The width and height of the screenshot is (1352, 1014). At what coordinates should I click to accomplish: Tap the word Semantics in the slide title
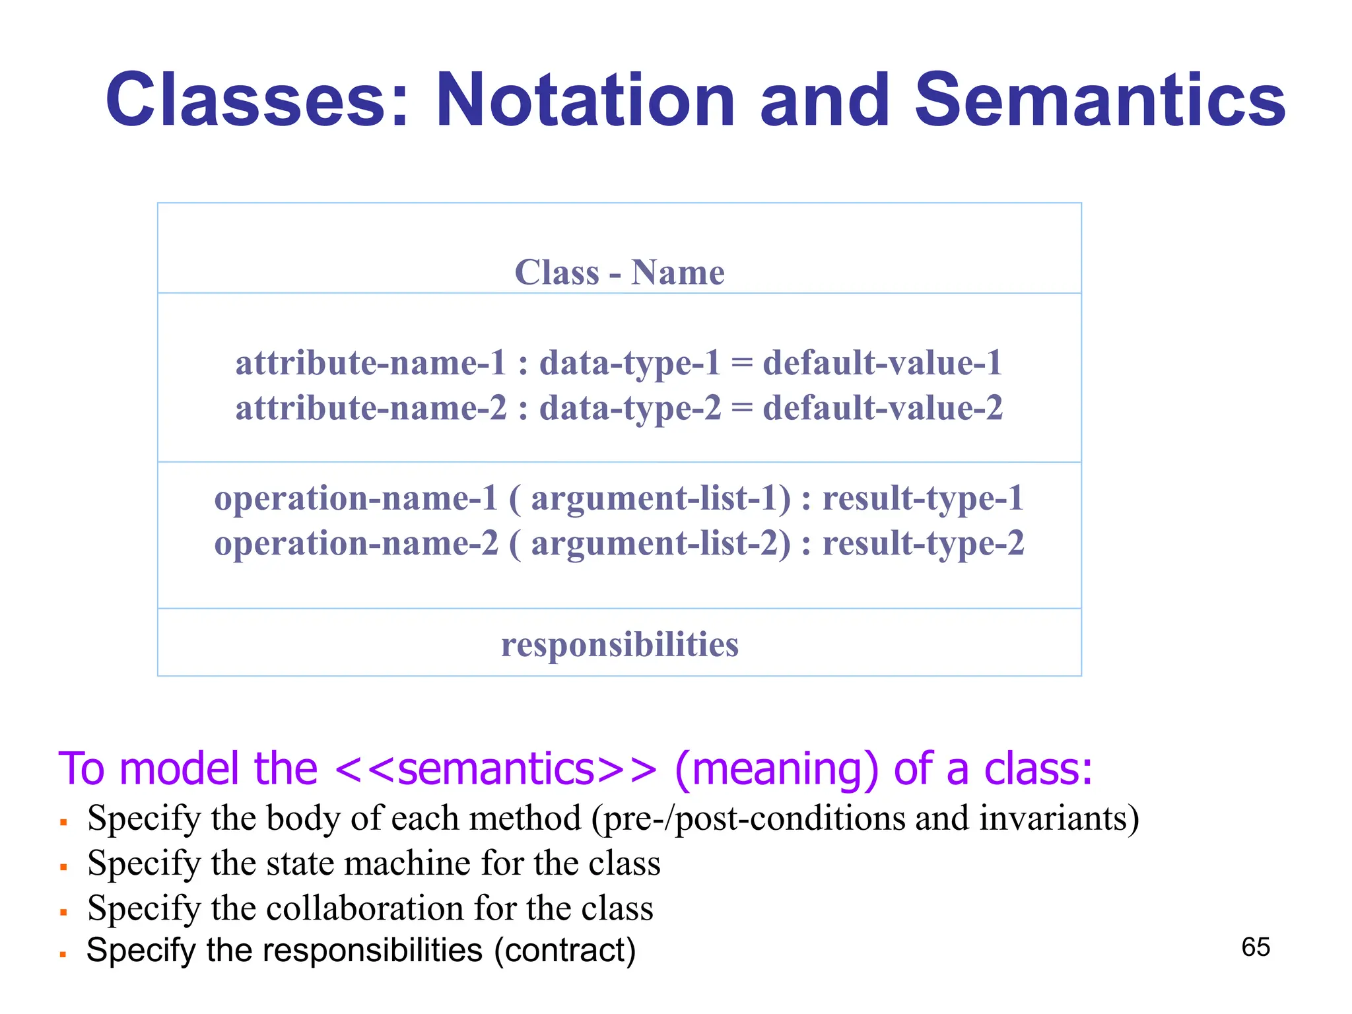point(1100,100)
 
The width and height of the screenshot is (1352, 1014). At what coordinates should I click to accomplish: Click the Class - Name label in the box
point(619,272)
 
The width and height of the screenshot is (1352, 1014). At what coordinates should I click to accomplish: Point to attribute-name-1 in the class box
point(370,363)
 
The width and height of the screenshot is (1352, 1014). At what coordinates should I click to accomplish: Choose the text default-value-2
point(883,408)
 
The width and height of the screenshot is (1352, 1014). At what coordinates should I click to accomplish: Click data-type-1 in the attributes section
point(629,363)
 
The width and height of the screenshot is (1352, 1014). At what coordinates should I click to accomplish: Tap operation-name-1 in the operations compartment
point(356,498)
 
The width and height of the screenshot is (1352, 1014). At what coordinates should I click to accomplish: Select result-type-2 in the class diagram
point(923,544)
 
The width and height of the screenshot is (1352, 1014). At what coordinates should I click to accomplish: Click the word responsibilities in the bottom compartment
point(619,644)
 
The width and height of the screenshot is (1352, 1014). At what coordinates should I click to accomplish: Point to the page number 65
point(1256,947)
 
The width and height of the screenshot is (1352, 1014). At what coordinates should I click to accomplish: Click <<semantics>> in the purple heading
point(496,769)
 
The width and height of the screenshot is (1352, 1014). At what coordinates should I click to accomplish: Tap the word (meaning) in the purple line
point(777,769)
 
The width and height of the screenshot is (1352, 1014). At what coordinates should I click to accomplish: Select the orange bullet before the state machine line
point(63,867)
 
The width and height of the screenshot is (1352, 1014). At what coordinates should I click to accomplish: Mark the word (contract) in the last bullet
point(564,951)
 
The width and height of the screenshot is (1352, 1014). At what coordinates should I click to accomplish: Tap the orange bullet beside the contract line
point(63,955)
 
